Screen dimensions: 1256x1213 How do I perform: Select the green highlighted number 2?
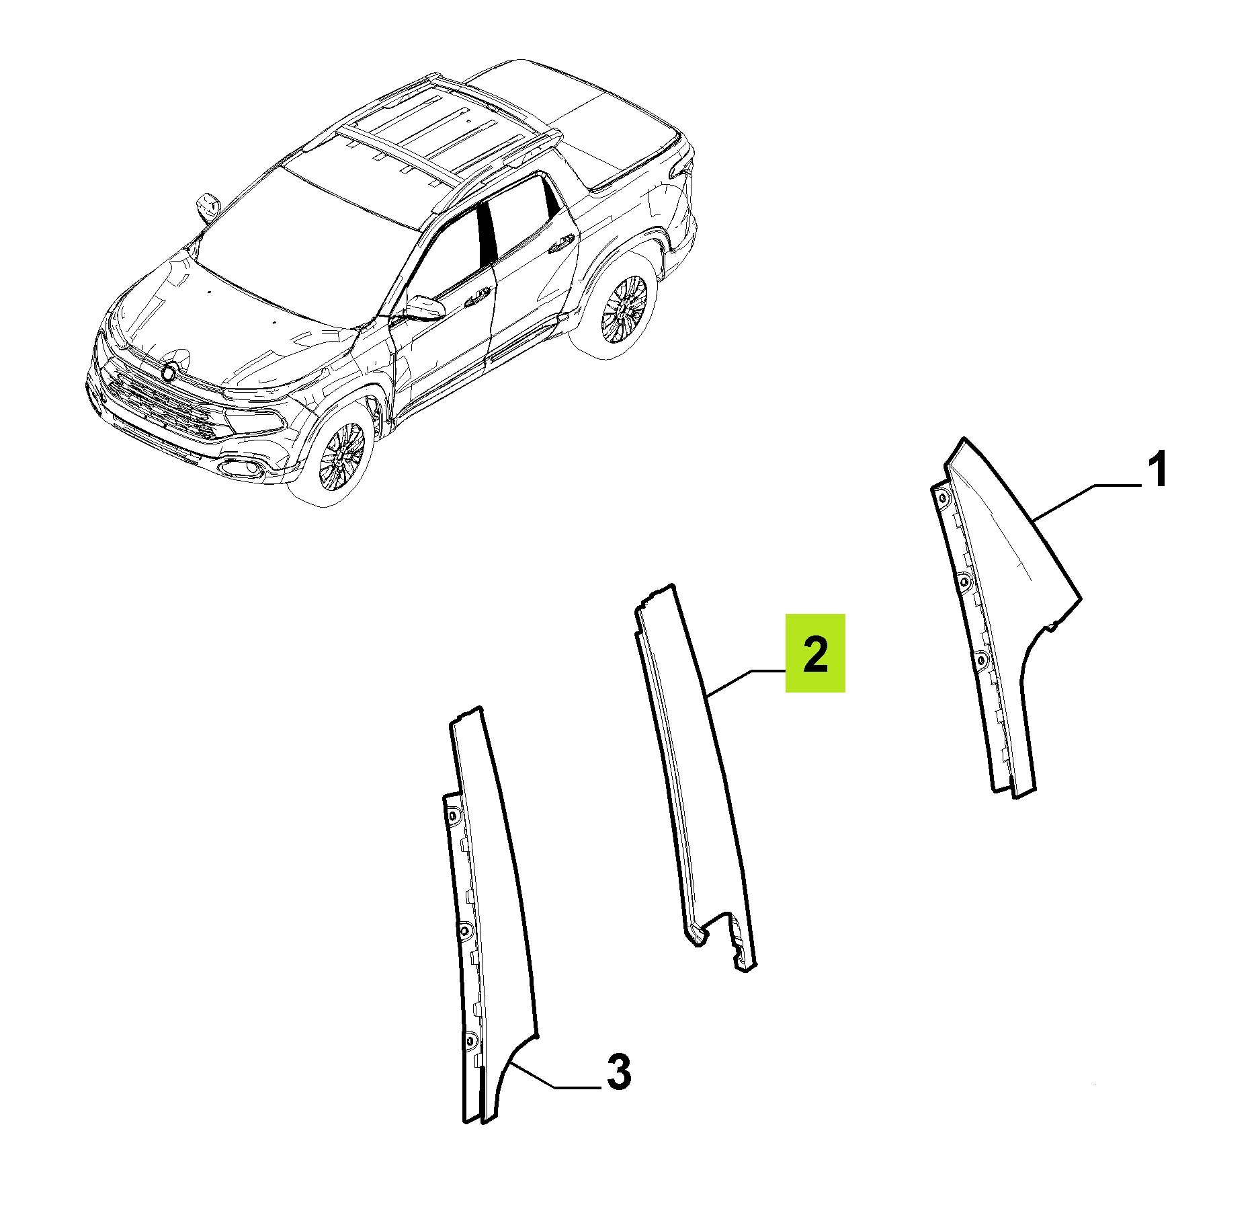coord(815,653)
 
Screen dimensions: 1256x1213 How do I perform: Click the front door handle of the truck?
coord(478,297)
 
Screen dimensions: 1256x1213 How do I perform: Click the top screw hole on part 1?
coord(942,498)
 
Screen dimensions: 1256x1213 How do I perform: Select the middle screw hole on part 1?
coord(964,580)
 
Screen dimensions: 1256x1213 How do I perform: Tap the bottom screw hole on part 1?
coord(981,661)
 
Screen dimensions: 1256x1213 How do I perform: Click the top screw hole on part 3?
coord(452,816)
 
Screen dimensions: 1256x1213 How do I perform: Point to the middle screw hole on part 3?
coord(464,931)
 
